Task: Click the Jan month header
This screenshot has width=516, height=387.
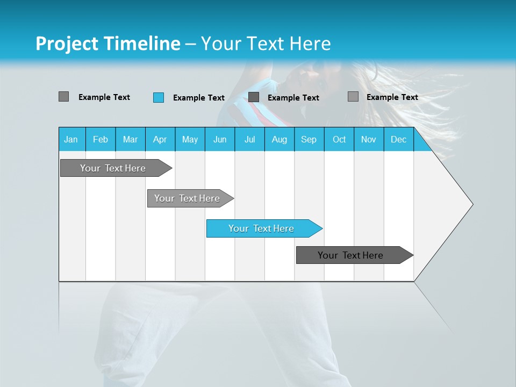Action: coord(71,140)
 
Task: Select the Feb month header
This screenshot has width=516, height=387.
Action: coord(101,140)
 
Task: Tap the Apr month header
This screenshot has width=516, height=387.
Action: coord(160,140)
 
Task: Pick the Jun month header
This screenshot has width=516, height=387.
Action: coord(220,140)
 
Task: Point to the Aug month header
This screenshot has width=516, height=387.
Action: coord(279,140)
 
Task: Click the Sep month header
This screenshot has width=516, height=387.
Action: coord(309,140)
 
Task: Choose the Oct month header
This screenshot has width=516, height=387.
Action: coord(339,140)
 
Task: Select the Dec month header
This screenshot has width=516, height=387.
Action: coord(399,140)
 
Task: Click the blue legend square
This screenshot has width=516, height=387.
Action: coord(159,97)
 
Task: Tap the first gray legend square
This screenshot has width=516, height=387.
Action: coord(64,97)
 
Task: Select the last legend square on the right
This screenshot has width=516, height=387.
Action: coord(353,97)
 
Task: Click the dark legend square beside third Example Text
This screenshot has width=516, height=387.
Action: coord(254,97)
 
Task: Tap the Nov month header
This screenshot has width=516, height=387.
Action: coord(369,140)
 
